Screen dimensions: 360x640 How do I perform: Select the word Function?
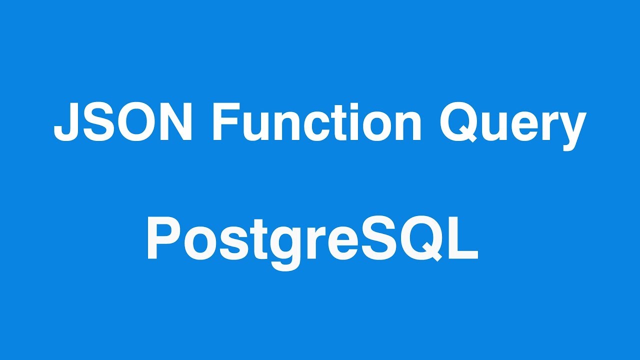[317, 123]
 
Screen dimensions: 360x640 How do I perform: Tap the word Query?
[513, 125]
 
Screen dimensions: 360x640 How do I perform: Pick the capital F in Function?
[223, 123]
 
